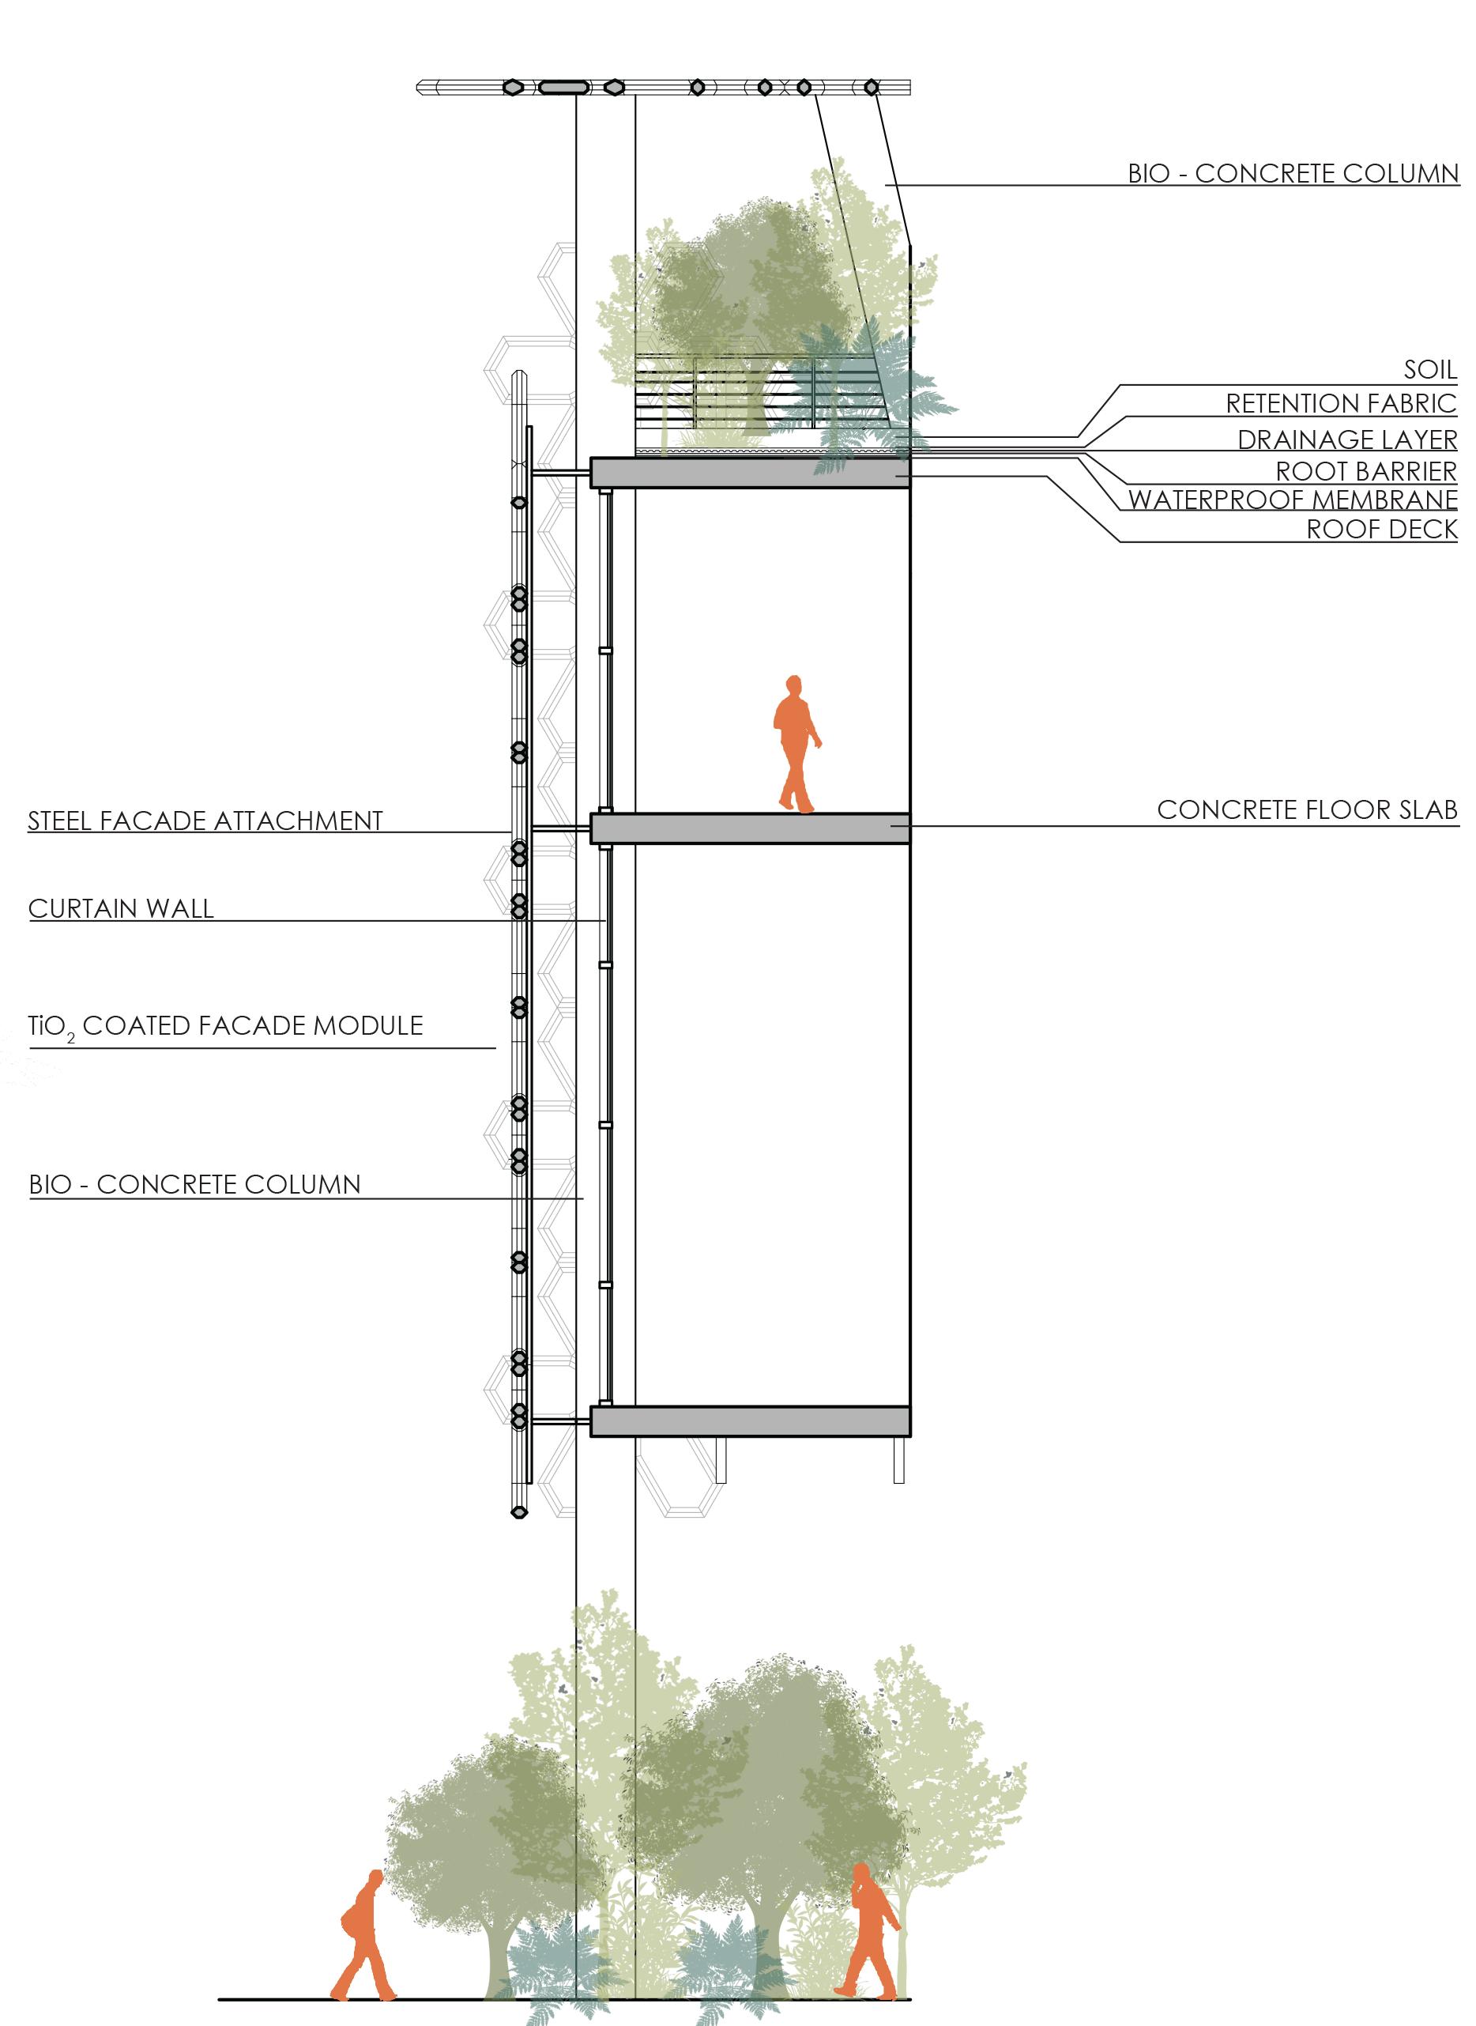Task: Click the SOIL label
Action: click(x=1430, y=368)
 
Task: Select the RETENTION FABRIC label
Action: click(x=1340, y=403)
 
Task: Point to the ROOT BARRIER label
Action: click(x=1365, y=470)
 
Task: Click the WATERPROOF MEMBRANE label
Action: click(x=1292, y=499)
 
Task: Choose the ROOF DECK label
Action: click(x=1381, y=529)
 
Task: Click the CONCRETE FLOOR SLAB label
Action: click(x=1307, y=809)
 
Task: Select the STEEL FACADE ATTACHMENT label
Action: click(x=205, y=821)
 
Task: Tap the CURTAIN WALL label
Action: click(x=122, y=909)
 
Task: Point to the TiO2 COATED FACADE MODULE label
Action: click(x=225, y=1025)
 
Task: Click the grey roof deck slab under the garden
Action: click(x=751, y=473)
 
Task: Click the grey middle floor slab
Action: click(x=751, y=828)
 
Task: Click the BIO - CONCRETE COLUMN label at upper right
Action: click(x=1293, y=172)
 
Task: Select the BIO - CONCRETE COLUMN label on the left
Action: click(x=195, y=1184)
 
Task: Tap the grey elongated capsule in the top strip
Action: click(x=564, y=87)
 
